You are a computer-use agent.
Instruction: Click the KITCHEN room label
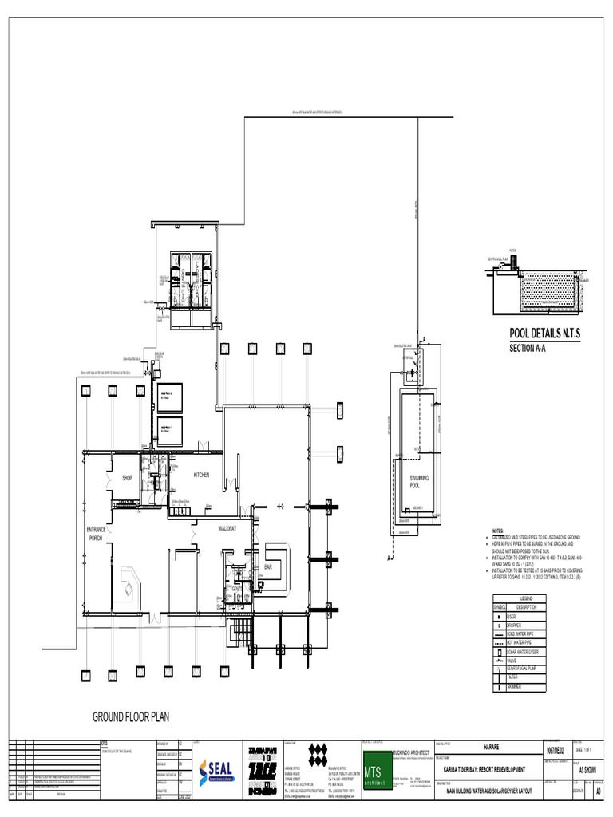201,476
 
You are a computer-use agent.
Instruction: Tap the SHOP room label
126,478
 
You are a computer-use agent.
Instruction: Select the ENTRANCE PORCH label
97,534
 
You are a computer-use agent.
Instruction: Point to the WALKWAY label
228,528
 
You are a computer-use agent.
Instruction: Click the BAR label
268,567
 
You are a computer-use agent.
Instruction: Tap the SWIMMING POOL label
419,481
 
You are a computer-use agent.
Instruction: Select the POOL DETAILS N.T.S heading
545,334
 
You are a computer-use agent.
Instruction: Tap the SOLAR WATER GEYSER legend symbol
499,651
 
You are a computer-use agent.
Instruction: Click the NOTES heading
497,531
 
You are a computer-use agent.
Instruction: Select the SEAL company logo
215,772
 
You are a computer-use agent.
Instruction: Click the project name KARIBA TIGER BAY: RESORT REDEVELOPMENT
484,768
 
